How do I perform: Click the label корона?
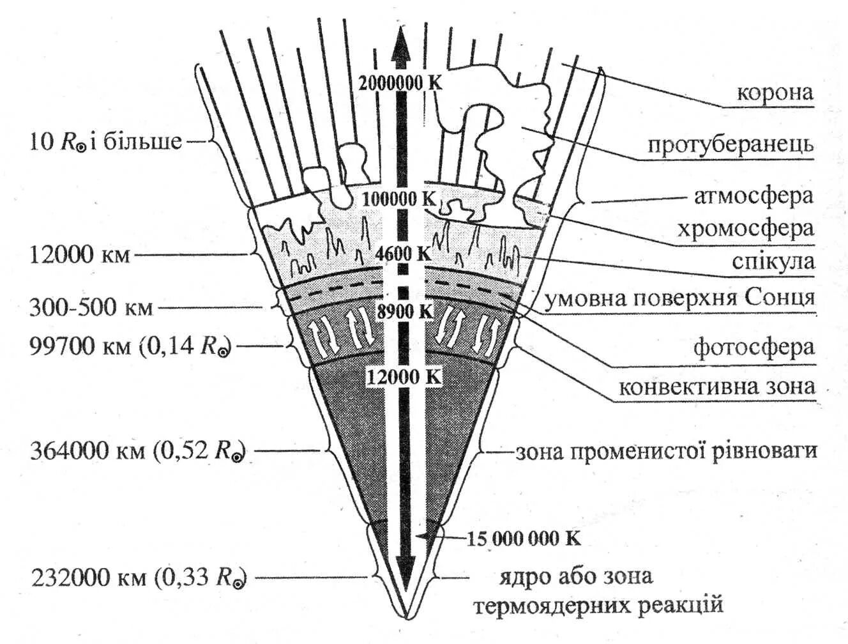point(775,93)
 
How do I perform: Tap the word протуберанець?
point(731,144)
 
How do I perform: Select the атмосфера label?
point(753,195)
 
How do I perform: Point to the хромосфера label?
point(745,228)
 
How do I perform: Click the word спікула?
point(773,261)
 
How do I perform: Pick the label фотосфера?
point(753,347)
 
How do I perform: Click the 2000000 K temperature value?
point(400,83)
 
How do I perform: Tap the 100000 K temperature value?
point(399,199)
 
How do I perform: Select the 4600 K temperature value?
point(403,254)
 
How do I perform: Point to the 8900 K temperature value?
point(404,312)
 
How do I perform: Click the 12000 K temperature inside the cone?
point(404,377)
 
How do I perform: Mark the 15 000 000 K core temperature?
point(524,539)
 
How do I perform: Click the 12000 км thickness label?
point(80,256)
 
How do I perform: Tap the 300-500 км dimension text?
point(91,308)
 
